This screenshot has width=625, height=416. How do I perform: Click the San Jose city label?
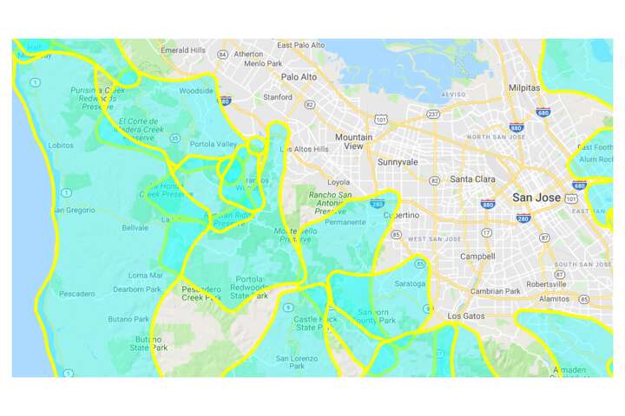536,198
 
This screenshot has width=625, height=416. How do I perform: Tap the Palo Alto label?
299,76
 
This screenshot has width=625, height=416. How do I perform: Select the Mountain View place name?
353,142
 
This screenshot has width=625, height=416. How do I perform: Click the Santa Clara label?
471,179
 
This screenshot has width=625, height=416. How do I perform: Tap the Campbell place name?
477,257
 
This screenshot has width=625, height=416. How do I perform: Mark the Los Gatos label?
466,317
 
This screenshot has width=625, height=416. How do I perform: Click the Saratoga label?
410,283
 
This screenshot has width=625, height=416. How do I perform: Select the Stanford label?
278,97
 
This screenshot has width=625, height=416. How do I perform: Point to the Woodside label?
195,90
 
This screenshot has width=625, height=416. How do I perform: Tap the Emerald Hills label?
182,50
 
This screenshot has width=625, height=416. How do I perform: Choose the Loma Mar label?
141,275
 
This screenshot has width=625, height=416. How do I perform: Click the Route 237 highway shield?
433,114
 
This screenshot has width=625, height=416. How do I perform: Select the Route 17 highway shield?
486,233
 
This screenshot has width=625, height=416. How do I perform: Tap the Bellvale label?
135,228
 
